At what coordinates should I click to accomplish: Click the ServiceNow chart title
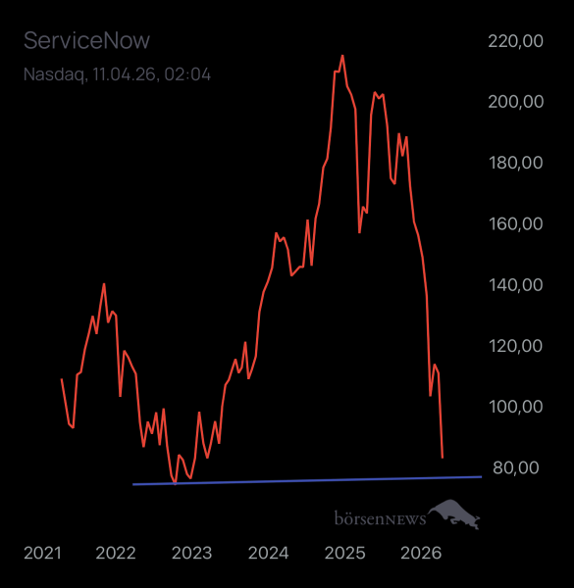pyautogui.click(x=86, y=41)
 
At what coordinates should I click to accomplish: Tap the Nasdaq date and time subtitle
pyautogui.click(x=117, y=74)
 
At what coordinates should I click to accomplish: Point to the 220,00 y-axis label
pyautogui.click(x=514, y=41)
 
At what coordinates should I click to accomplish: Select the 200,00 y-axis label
pyautogui.click(x=514, y=102)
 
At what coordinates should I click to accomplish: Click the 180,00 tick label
pyautogui.click(x=514, y=163)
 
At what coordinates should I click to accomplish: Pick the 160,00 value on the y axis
pyautogui.click(x=514, y=223)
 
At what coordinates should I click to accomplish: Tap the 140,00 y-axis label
pyautogui.click(x=514, y=284)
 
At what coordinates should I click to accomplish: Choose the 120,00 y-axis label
pyautogui.click(x=514, y=345)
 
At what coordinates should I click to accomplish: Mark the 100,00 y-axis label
pyautogui.click(x=514, y=406)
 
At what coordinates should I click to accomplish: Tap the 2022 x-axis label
pyautogui.click(x=116, y=554)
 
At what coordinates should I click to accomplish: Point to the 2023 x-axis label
pyautogui.click(x=192, y=554)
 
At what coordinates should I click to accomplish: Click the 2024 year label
pyautogui.click(x=268, y=554)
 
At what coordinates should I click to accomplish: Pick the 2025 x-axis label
pyautogui.click(x=344, y=554)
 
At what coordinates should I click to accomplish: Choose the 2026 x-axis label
pyautogui.click(x=420, y=554)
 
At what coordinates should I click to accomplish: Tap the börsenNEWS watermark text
pyautogui.click(x=380, y=516)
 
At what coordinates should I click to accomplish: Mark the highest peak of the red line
pyautogui.click(x=341, y=56)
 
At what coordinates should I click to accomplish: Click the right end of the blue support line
pyautogui.click(x=481, y=476)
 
